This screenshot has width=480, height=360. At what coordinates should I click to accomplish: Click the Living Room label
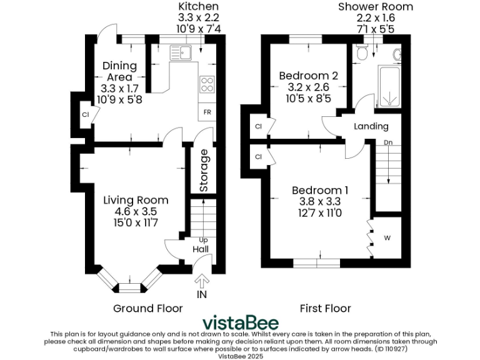[136, 201]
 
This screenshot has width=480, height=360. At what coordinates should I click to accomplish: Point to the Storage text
[203, 170]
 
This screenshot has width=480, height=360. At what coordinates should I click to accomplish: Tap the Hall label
[201, 249]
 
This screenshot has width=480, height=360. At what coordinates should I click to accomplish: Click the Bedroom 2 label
[308, 76]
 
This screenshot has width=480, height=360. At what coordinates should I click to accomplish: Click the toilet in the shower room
[360, 55]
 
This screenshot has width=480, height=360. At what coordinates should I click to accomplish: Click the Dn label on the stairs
[387, 142]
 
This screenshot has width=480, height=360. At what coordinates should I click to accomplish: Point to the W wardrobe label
[387, 237]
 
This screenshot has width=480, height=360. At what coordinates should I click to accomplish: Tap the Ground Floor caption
[148, 308]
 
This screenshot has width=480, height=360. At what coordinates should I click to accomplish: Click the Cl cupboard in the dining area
[84, 114]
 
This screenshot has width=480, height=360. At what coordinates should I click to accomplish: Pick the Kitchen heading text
[194, 6]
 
